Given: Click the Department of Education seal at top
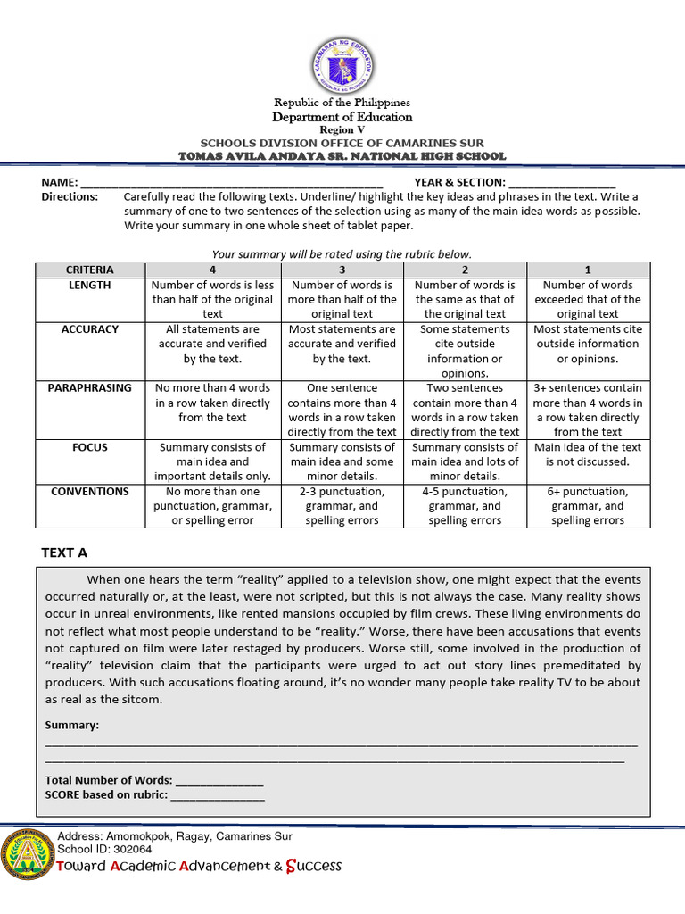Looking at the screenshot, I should (342, 64).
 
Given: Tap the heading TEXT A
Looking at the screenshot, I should (65, 553).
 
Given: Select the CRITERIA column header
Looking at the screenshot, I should (89, 270).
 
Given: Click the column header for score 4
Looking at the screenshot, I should (212, 270).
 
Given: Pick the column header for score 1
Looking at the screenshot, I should (587, 270).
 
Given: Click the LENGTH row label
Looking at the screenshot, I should (89, 286).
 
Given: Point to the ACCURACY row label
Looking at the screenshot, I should (89, 329).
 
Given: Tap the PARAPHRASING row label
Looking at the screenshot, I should (89, 388).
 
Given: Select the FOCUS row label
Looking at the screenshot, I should (89, 447).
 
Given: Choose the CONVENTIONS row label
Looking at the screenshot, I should (89, 492).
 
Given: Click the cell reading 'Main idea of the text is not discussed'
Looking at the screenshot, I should (587, 454).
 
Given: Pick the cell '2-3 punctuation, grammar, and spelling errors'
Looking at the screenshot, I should (342, 506).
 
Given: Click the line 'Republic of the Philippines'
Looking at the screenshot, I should (342, 103).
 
